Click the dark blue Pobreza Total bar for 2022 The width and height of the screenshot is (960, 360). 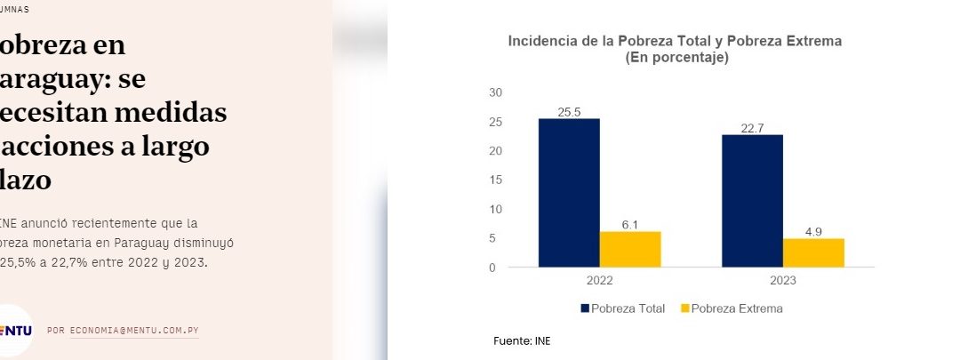pyautogui.click(x=569, y=193)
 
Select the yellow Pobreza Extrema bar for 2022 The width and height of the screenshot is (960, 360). pyautogui.click(x=630, y=249)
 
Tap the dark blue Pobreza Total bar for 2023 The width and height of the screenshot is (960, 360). pyautogui.click(x=752, y=201)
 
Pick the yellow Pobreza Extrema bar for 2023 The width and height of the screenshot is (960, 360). pyautogui.click(x=813, y=252)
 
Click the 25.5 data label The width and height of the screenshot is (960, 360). pyautogui.click(x=569, y=112)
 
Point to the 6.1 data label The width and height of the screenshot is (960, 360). pyautogui.click(x=630, y=225)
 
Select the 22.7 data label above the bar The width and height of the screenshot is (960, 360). pyautogui.click(x=752, y=128)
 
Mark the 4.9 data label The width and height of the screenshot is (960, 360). pyautogui.click(x=813, y=232)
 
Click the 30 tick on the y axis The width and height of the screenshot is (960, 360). pyautogui.click(x=496, y=92)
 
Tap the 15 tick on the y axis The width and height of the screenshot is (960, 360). pyautogui.click(x=496, y=180)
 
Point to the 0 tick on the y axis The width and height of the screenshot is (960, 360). pyautogui.click(x=492, y=268)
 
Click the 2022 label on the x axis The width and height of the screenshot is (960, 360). pyautogui.click(x=600, y=280)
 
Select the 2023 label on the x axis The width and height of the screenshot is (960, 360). pyautogui.click(x=783, y=280)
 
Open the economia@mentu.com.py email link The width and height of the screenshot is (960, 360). pyautogui.click(x=133, y=331)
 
